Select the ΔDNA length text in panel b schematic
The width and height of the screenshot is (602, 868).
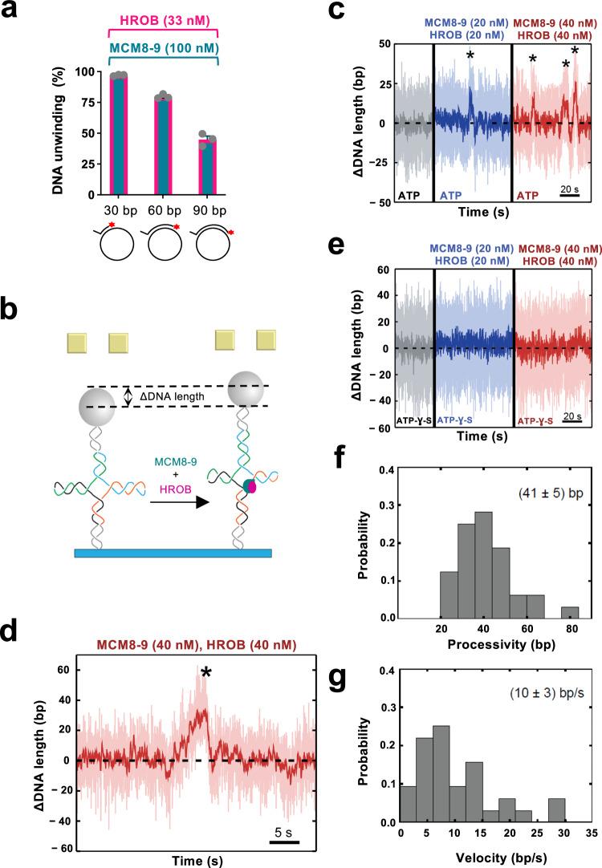(x=173, y=395)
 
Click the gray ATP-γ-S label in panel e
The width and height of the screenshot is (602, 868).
(x=415, y=463)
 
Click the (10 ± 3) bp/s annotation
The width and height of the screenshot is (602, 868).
(x=548, y=708)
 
